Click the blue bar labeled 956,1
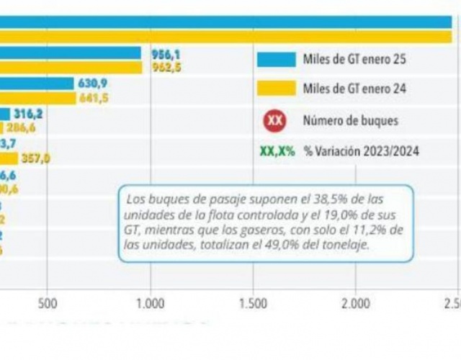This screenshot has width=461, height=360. pyautogui.click(x=71, y=53)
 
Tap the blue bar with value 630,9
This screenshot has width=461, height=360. pyautogui.click(x=37, y=84)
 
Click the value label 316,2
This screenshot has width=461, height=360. pyautogui.click(x=28, y=114)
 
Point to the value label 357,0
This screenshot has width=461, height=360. pyautogui.click(x=35, y=158)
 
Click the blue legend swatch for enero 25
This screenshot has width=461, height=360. pyautogui.click(x=276, y=60)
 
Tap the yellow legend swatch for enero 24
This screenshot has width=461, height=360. pyautogui.click(x=276, y=89)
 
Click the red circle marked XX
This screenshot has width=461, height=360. pyautogui.click(x=274, y=120)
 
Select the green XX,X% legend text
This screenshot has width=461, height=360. pyautogui.click(x=276, y=151)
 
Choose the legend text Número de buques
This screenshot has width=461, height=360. pyautogui.click(x=350, y=120)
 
